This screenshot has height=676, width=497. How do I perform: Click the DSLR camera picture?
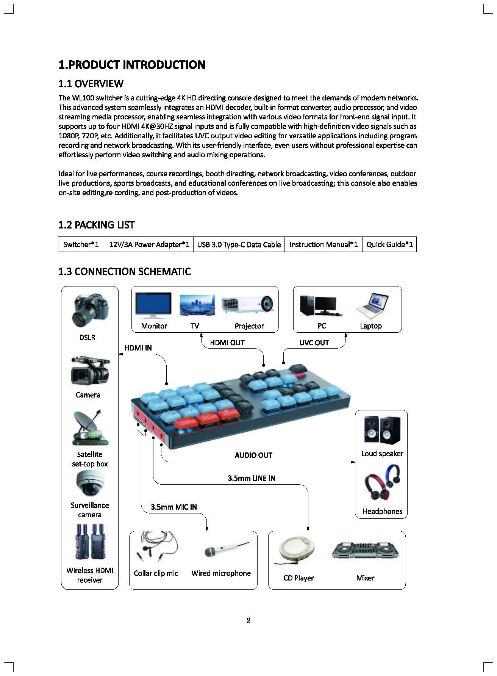[90, 311]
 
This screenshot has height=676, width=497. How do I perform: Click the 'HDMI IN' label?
[138, 348]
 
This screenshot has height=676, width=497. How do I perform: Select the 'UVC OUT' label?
[314, 343]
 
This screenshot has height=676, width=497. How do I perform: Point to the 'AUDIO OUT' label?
[253, 455]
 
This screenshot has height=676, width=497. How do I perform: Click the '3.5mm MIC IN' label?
[174, 507]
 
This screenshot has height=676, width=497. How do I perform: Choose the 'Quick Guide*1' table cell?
[389, 244]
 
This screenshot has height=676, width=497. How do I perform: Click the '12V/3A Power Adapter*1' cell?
[149, 244]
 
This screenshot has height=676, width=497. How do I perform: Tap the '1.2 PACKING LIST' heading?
[97, 225]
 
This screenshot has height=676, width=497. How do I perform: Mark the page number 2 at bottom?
[248, 621]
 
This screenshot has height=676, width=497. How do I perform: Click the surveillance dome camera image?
[90, 483]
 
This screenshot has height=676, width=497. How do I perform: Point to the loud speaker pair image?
[382, 430]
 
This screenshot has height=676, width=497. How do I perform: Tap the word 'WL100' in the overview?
[83, 98]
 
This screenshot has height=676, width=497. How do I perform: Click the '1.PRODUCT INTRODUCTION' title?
[132, 65]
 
